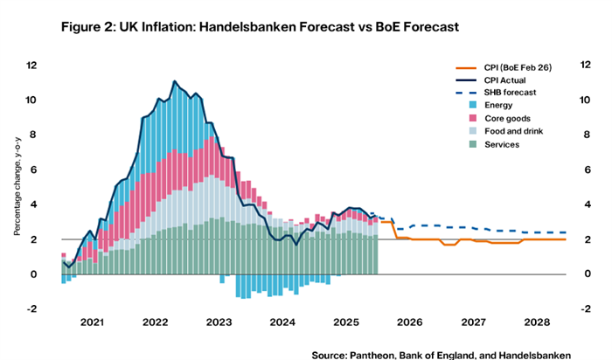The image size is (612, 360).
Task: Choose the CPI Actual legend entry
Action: pyautogui.click(x=501, y=80)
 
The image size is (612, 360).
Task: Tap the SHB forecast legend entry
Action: pyautogui.click(x=504, y=93)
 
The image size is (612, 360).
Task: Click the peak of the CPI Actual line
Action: pyautogui.click(x=176, y=81)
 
